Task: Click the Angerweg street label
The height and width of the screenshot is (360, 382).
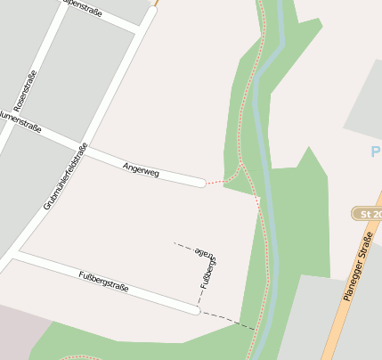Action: (x=142, y=168)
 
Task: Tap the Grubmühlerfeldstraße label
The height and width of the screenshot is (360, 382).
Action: (x=66, y=176)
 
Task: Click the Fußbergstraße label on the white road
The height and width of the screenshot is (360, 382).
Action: (x=104, y=281)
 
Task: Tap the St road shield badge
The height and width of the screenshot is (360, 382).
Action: (x=367, y=214)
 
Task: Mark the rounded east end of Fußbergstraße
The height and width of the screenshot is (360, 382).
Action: (x=195, y=310)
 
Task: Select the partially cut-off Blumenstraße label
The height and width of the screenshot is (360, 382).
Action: (x=18, y=120)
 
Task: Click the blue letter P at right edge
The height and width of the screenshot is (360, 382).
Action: (x=376, y=151)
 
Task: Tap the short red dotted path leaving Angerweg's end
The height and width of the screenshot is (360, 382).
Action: (x=215, y=181)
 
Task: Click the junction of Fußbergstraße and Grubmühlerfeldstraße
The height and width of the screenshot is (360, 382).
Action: (x=19, y=253)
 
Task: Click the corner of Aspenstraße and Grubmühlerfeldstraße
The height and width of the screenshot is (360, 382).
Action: (x=139, y=32)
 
